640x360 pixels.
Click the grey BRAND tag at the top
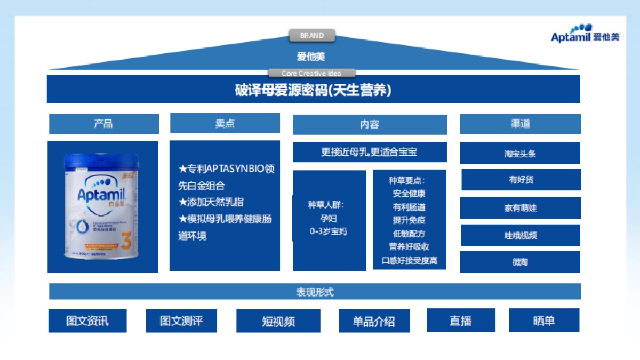[312, 36]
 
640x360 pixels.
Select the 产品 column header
[103, 124]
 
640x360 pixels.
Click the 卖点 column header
[225, 123]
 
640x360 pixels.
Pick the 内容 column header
[369, 125]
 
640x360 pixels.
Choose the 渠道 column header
[520, 124]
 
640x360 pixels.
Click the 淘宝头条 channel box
[520, 154]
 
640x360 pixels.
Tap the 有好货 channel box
[521, 180]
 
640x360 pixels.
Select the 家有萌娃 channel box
[520, 208]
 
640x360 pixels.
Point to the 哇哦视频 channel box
[520, 235]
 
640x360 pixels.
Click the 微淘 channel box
[520, 262]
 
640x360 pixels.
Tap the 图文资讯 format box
[87, 321]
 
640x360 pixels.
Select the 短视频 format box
[278, 321]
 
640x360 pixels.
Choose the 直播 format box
[461, 321]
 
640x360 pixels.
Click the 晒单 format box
[544, 321]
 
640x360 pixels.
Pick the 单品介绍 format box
[374, 321]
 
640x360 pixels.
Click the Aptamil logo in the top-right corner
[585, 34]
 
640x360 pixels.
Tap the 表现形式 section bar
[315, 292]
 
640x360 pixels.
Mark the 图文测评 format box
[181, 321]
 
